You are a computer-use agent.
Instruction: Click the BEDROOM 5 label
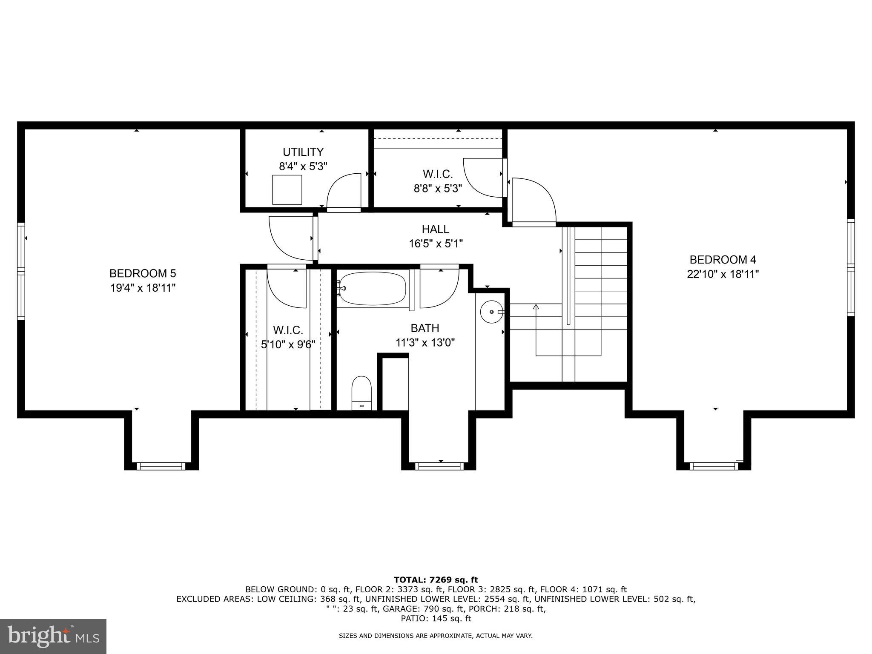point(142,273)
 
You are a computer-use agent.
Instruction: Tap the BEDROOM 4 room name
point(723,260)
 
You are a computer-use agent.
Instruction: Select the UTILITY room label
point(303,152)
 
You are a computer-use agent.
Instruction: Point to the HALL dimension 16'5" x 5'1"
point(435,244)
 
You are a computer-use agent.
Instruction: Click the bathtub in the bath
point(373,289)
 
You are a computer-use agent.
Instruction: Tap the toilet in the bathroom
point(361,393)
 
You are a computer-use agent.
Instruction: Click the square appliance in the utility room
point(287,189)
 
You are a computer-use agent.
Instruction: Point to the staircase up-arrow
point(536,307)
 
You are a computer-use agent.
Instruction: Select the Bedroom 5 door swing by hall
point(292,238)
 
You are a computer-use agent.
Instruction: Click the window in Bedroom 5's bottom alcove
point(161,466)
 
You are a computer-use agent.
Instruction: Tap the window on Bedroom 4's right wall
point(850,267)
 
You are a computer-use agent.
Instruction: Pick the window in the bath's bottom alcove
point(439,466)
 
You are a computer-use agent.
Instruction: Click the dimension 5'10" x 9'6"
point(288,344)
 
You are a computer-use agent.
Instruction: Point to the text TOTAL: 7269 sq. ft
point(436,580)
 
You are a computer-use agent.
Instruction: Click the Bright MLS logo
point(53,637)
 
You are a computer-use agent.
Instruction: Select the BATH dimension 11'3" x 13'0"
point(425,343)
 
